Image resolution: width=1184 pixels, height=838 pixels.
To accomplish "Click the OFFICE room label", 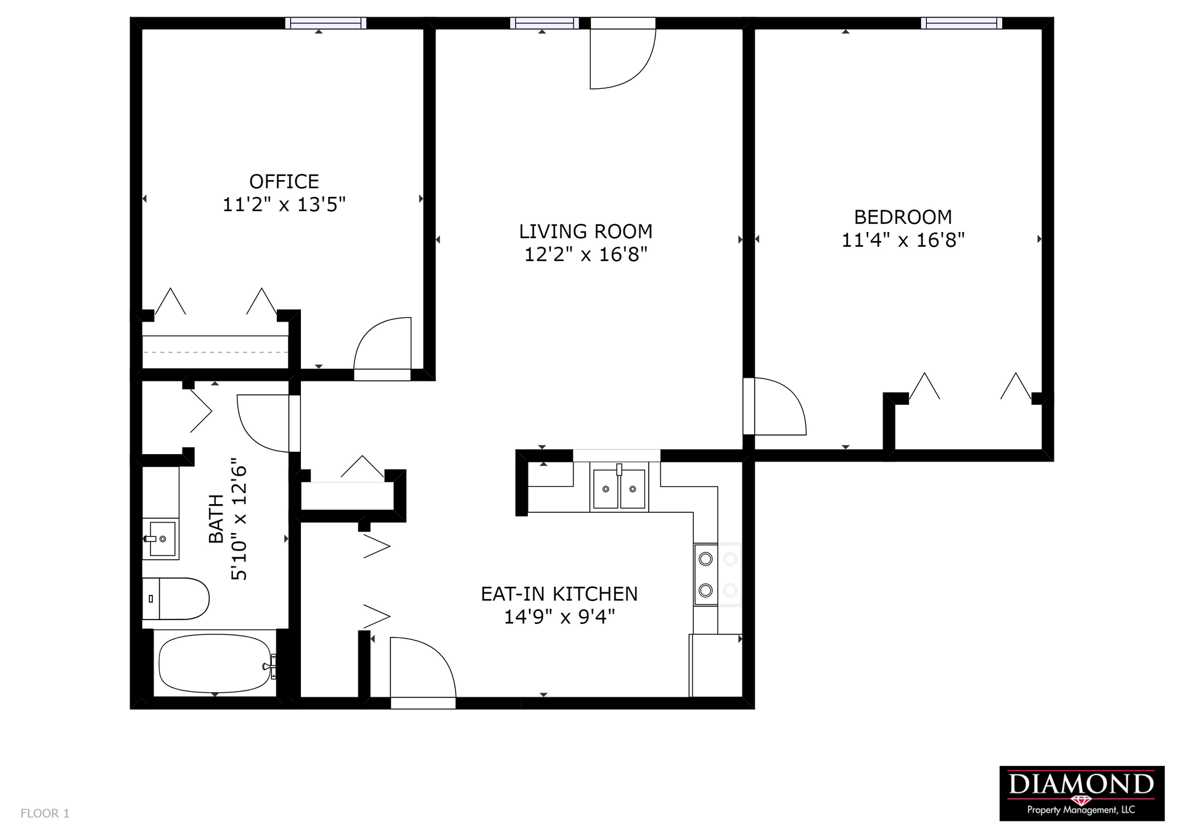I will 284,181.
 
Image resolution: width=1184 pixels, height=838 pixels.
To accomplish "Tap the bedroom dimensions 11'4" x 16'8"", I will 903,240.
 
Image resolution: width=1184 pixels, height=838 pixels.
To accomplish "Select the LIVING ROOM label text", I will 585,231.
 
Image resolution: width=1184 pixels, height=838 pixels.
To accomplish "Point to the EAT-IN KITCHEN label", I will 559,594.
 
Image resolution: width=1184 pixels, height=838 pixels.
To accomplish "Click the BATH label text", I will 216,518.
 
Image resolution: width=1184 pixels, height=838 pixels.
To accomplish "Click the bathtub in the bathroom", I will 215,664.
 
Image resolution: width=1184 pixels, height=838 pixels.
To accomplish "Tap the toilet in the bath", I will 176,598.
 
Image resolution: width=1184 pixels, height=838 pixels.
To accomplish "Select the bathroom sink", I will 162,539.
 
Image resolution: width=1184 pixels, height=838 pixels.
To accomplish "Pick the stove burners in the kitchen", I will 706,575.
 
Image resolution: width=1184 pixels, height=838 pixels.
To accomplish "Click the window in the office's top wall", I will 326,23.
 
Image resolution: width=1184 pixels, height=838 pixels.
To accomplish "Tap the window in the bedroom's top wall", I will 961,23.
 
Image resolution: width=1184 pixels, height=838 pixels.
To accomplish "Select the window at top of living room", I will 544,23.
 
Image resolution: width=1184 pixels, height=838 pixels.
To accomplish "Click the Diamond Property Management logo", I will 1081,793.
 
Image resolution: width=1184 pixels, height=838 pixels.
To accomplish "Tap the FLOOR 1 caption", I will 45,813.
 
